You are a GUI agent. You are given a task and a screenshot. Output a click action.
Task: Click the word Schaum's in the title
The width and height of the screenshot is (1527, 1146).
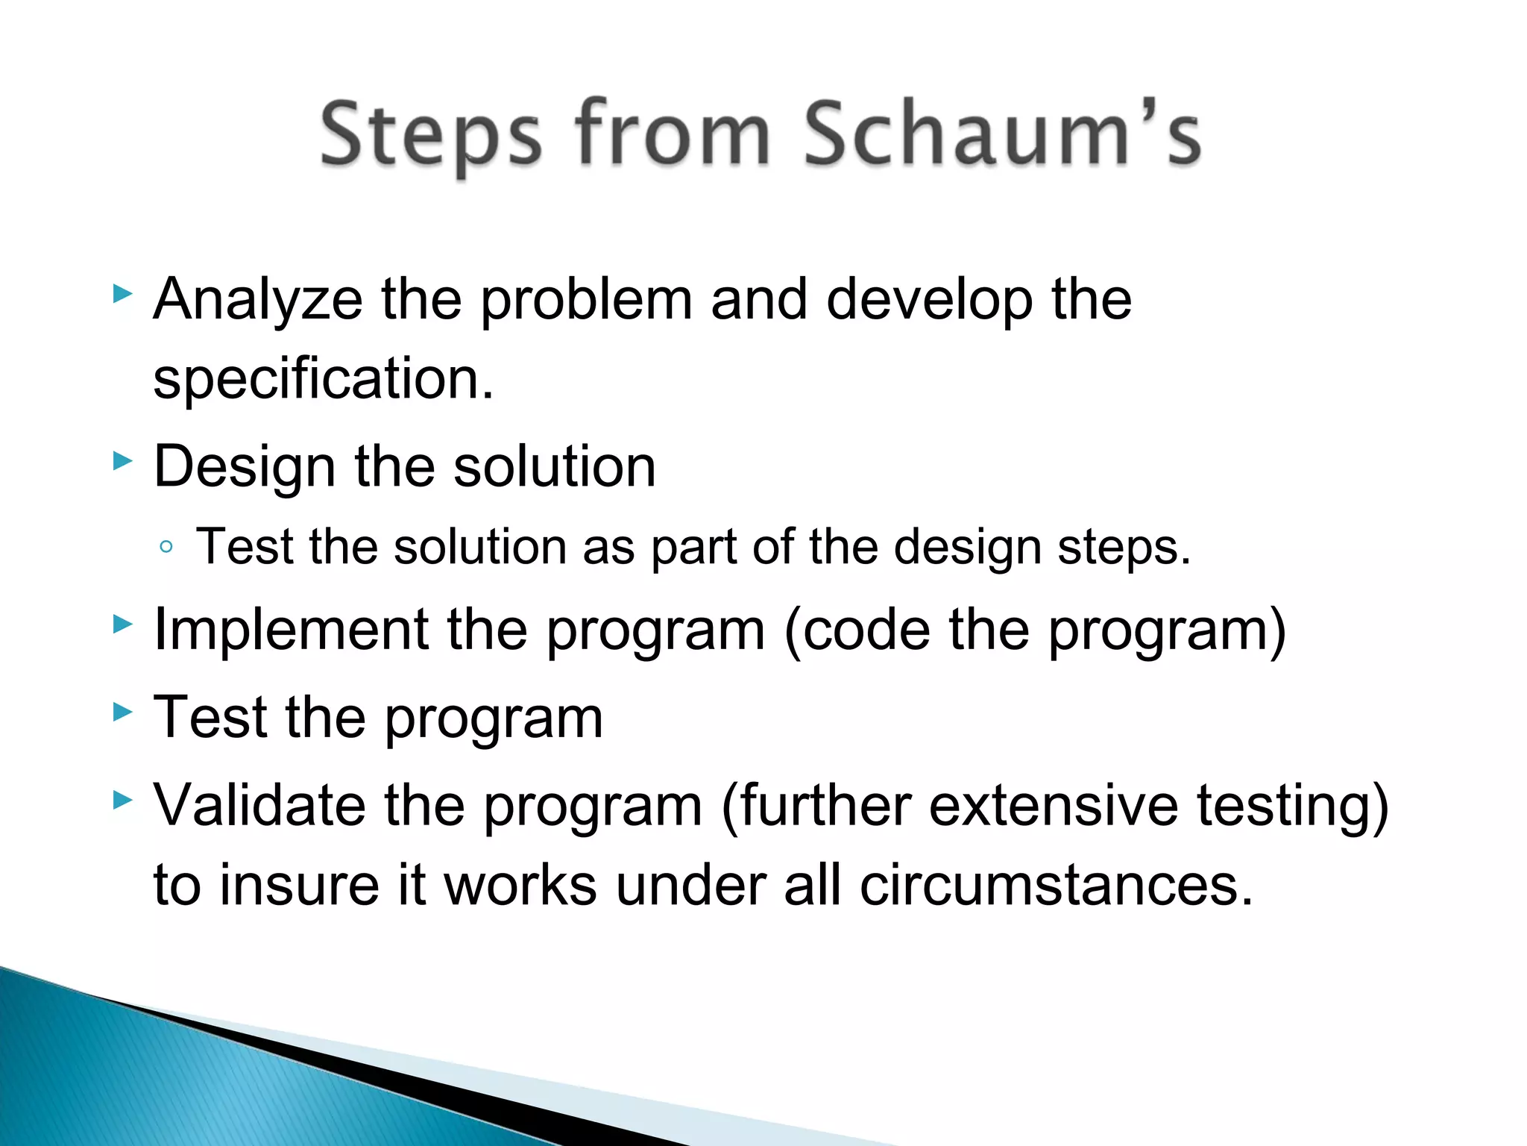click(1001, 134)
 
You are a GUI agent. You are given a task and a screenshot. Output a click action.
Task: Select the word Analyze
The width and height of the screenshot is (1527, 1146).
click(257, 300)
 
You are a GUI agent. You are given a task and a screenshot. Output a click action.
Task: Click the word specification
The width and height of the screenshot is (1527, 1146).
click(322, 379)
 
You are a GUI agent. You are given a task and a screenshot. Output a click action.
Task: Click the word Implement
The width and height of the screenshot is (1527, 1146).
click(290, 630)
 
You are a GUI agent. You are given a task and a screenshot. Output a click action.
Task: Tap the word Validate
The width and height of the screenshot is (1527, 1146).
click(259, 806)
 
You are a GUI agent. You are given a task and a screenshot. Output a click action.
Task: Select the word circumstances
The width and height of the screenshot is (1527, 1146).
click(1056, 886)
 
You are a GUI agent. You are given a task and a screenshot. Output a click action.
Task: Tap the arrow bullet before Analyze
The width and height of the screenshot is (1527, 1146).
click(122, 294)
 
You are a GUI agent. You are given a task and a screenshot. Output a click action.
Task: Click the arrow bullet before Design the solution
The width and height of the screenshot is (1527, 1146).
click(122, 462)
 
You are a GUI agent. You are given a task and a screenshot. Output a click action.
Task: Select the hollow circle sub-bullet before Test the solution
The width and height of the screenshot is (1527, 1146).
click(166, 548)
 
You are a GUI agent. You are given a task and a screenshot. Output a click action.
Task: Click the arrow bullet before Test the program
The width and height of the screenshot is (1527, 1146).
click(122, 713)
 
